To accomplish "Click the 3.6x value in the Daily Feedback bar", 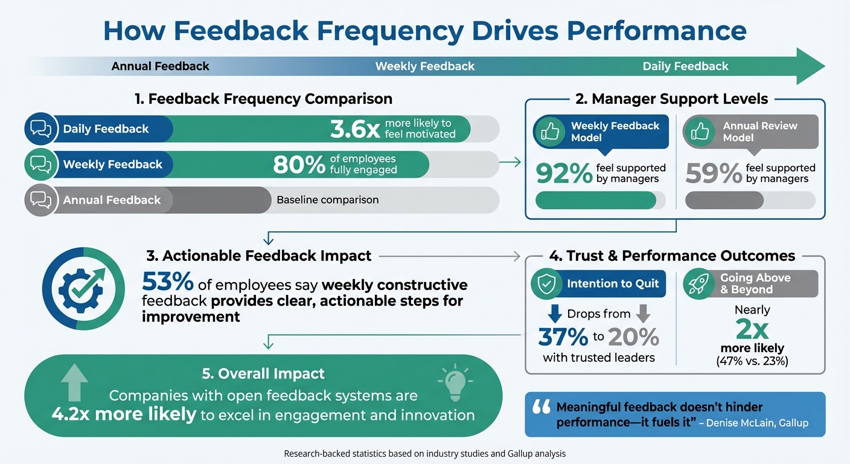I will [x=356, y=129].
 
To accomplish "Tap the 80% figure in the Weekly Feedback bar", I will [x=299, y=164].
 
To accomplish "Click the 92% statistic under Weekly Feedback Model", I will [x=563, y=173].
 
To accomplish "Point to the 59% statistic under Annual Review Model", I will [x=713, y=173].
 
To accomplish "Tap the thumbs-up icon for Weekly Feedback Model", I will [x=549, y=131].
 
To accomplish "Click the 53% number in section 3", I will [x=167, y=283].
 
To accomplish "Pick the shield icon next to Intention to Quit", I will [x=546, y=284].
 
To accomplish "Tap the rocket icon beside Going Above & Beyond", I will [x=699, y=284].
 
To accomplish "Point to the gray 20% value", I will [x=633, y=337].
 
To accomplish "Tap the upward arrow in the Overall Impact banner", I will [x=74, y=382].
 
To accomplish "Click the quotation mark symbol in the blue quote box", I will [x=541, y=408].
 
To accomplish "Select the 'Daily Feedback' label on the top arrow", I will [x=685, y=66].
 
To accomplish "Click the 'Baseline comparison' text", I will [x=327, y=200].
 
